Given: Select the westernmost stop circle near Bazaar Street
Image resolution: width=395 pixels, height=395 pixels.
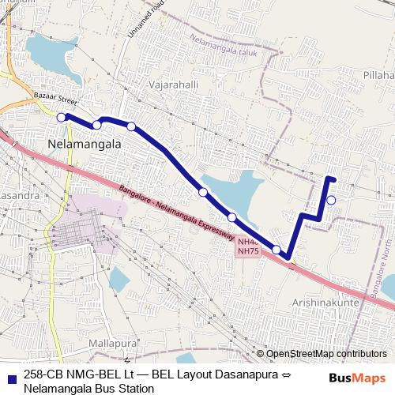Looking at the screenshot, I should coord(62,117).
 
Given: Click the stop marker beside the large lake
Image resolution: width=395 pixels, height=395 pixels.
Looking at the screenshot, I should coord(203,192).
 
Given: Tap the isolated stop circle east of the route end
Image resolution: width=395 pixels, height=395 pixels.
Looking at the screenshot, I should coord(331,200).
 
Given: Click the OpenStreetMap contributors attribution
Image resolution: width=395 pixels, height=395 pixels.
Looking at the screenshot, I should coord(326,354).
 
